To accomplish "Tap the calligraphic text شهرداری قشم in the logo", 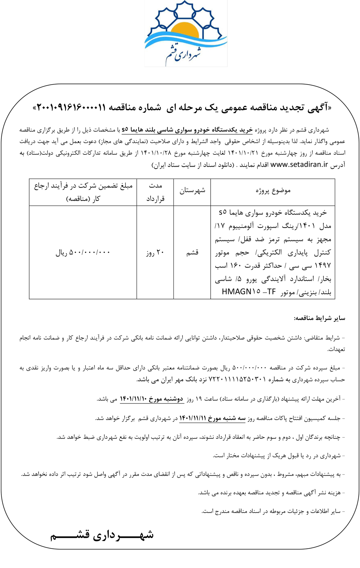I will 184,54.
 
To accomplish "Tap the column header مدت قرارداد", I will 155,192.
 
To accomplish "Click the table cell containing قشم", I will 192,252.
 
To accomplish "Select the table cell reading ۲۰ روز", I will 155,252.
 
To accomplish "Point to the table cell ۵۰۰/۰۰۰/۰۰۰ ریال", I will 83,252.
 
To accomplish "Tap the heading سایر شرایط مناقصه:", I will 319,318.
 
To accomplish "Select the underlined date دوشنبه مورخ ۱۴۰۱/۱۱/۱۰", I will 151,399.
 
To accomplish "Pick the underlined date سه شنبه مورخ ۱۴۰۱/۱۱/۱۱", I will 212,418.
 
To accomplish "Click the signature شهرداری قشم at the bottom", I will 102,535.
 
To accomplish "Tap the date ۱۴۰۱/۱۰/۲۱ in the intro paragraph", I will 243,153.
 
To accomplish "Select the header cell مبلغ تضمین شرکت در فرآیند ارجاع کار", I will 83,192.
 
